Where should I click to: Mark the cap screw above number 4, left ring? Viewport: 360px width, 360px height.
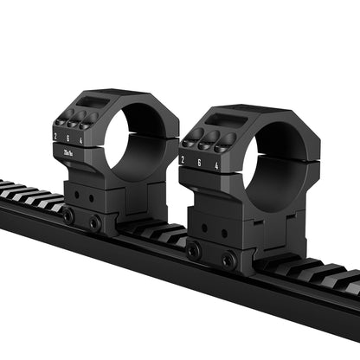[87, 122]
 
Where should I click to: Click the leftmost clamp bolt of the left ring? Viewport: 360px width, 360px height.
[68, 217]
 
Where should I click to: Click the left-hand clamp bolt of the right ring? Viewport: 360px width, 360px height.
[194, 251]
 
